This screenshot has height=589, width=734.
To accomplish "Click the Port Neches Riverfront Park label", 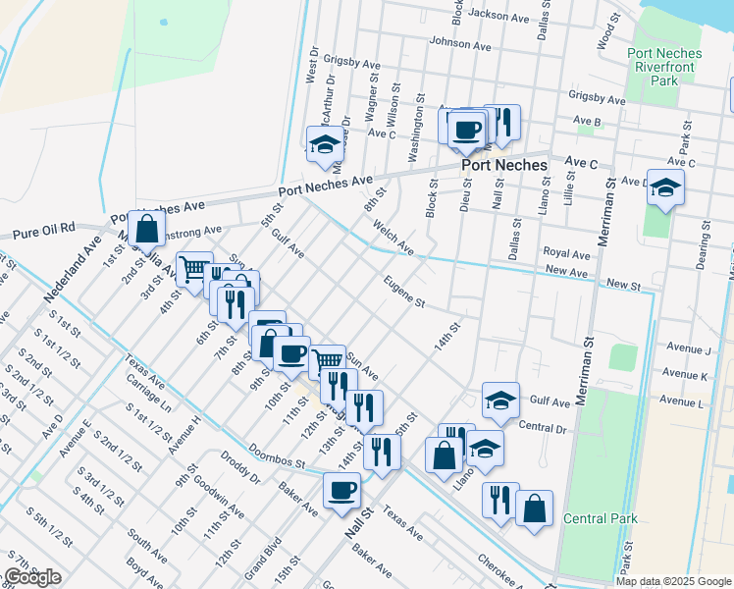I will (663, 67).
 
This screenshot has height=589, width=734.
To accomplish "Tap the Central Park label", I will (601, 518).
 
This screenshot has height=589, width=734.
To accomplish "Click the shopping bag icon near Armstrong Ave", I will (146, 231).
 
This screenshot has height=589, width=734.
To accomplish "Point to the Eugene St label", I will (404, 292).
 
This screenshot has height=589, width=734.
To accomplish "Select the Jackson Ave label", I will (498, 16).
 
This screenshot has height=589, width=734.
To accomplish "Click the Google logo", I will (31, 578).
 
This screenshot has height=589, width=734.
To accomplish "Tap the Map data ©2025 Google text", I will (673, 581).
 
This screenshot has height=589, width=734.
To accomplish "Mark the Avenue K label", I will (686, 374).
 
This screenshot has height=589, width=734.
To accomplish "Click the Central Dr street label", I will (543, 427).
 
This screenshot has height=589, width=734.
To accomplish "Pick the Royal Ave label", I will (566, 253).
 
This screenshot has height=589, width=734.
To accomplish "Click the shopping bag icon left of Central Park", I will (533, 509).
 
